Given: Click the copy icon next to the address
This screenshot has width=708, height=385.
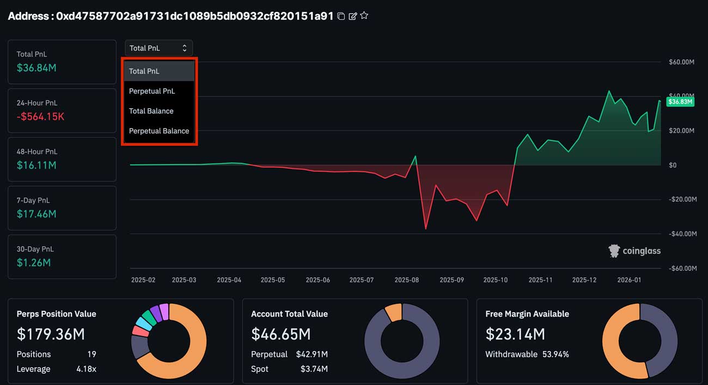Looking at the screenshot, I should [341, 16].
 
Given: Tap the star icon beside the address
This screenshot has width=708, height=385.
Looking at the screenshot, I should [364, 16].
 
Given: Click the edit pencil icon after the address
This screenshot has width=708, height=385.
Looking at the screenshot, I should [352, 16].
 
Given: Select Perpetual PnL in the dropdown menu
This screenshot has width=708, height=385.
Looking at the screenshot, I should [152, 91].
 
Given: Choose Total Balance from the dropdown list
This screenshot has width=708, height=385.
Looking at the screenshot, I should [151, 111].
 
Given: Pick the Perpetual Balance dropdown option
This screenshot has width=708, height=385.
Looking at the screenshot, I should [159, 131].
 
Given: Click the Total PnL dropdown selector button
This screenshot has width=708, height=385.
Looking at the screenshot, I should [158, 48].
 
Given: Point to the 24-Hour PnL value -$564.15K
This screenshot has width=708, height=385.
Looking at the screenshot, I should [40, 117].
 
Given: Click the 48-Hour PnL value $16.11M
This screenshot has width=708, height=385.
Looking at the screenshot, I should [36, 165].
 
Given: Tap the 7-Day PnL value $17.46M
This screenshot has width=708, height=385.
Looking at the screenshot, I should [36, 214].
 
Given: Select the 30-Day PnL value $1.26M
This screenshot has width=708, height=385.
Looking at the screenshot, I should [34, 262].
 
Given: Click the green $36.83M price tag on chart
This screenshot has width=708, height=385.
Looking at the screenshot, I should [680, 102].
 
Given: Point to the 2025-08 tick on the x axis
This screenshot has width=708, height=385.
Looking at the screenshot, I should [406, 280].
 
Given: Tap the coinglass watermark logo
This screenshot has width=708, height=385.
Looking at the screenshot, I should [634, 251].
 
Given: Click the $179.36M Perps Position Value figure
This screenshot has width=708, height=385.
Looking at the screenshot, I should [51, 334].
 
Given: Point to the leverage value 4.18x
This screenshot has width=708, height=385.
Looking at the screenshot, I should [87, 369].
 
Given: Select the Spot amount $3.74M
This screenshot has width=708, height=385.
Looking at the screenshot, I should [314, 369].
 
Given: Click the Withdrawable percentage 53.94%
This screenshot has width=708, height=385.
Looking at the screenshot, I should [555, 354].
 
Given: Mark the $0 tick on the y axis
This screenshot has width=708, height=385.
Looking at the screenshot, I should [673, 165].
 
